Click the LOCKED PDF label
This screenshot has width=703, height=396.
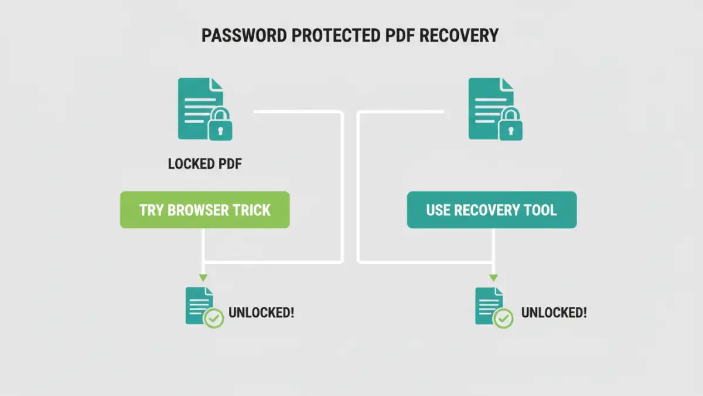205,164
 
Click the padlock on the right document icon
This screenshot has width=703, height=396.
511,124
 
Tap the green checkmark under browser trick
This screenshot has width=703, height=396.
214,318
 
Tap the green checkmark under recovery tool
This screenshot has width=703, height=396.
503,318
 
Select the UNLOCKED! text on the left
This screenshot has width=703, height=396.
261,313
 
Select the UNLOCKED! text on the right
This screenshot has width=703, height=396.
554,313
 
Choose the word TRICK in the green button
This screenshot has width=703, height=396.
252,210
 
